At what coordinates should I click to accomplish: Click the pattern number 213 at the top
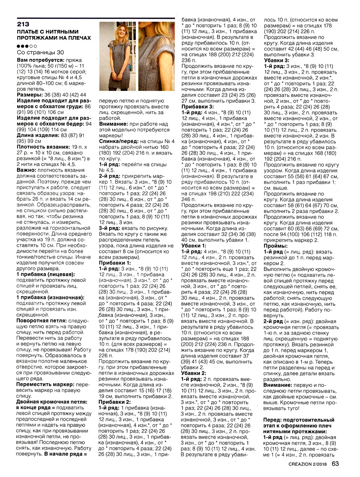[23, 24]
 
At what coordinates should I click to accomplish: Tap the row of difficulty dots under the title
[27, 46]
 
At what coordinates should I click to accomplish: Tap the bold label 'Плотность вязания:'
[43, 147]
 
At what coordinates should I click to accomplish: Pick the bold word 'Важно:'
[26, 170]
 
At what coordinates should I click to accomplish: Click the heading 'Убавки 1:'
[193, 245]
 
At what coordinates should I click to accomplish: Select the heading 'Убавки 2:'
[193, 373]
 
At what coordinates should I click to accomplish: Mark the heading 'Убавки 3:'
[276, 60]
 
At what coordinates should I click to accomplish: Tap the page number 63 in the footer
[335, 463]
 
